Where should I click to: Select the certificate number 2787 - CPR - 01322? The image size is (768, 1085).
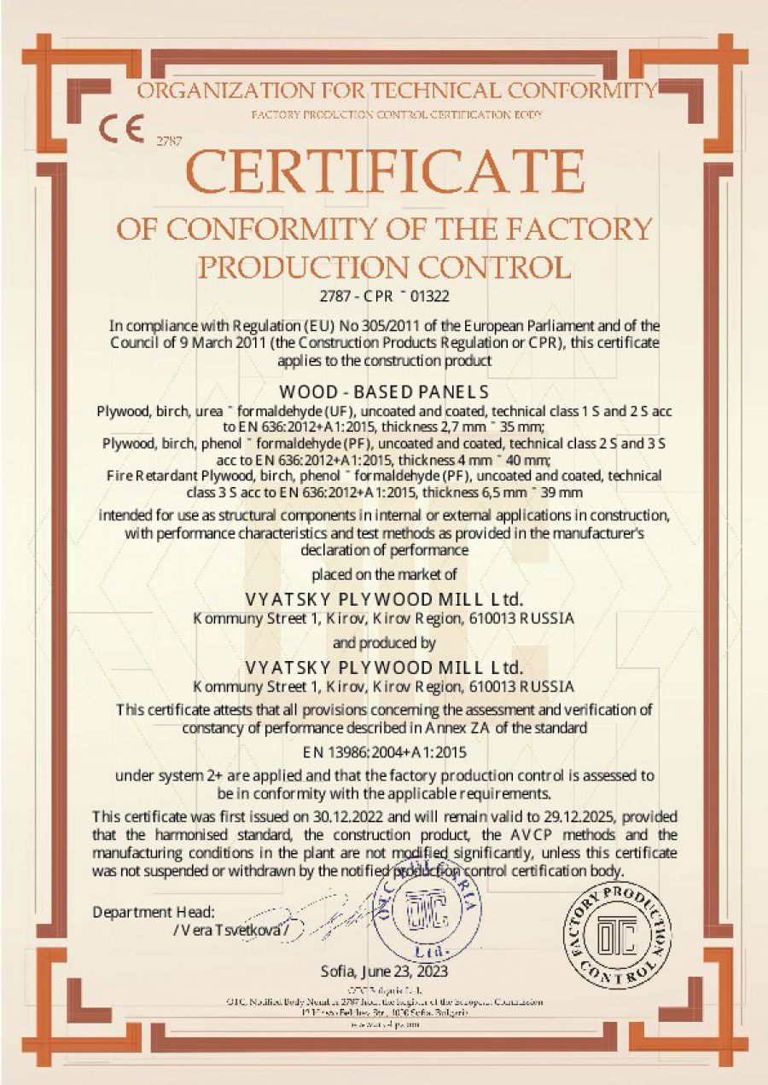tap(383, 297)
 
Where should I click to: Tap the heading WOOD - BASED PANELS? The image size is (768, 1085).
tap(384, 393)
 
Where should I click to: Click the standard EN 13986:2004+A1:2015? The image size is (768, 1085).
tap(383, 752)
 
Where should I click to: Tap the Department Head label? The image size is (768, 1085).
tap(154, 912)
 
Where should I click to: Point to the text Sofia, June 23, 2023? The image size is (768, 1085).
tap(384, 971)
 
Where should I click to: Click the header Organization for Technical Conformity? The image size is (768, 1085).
tap(398, 91)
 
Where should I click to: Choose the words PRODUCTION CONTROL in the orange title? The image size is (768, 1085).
tap(384, 267)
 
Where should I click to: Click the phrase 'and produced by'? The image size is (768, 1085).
tap(384, 642)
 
